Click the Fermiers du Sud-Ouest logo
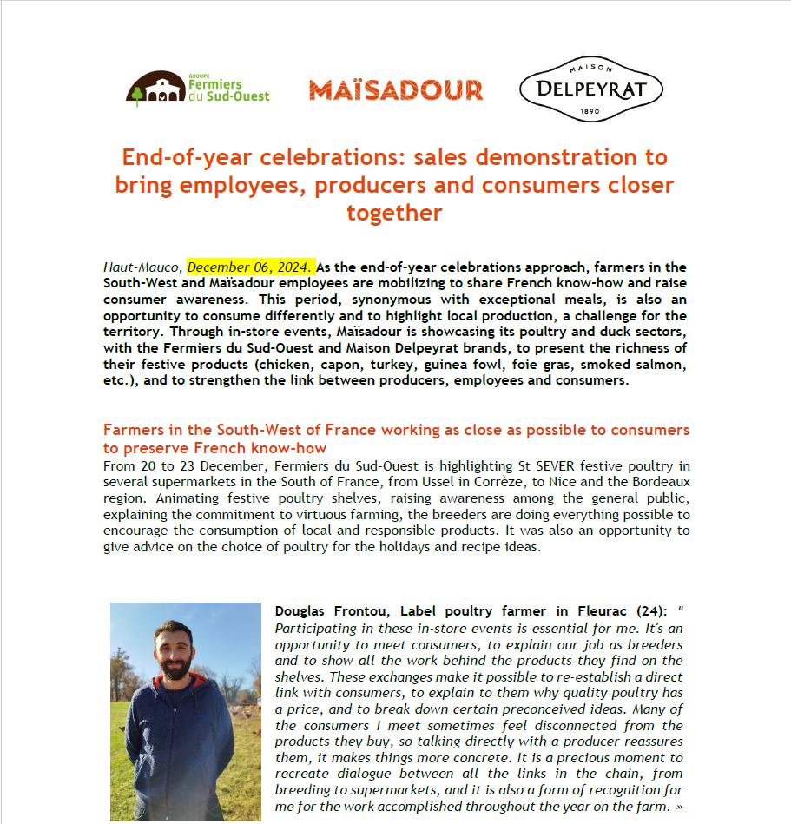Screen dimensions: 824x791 point(198,89)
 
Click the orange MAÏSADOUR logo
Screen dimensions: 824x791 point(396,90)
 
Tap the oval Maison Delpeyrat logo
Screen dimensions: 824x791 point(590,89)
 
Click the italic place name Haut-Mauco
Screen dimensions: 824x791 point(142,267)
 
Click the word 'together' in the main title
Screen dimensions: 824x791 point(395,213)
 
